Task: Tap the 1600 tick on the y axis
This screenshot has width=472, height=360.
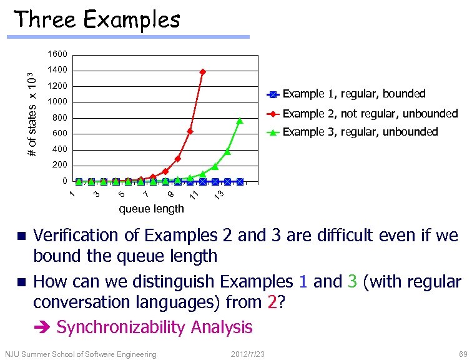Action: pos(57,54)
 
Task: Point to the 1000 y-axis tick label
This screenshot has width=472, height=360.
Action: pos(57,102)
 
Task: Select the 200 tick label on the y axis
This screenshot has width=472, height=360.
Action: pos(60,165)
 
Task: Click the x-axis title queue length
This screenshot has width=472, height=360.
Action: pos(151,208)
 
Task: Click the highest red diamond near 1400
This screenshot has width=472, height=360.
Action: pos(202,72)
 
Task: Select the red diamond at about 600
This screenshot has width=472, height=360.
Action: pos(190,131)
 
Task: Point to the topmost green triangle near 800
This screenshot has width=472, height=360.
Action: pos(240,121)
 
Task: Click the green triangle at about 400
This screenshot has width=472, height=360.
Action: pos(227,152)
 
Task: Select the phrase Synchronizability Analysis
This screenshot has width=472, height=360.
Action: pos(154,327)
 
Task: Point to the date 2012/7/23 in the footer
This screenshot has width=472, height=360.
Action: pos(247,354)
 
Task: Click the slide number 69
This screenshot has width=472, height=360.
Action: pos(454,354)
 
